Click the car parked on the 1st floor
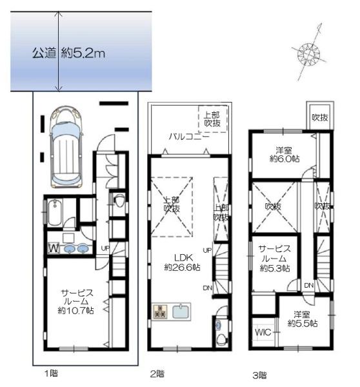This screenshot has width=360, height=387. [x=66, y=146]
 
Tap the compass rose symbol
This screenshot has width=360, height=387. [x=308, y=53]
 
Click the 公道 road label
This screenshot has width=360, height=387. [x=45, y=53]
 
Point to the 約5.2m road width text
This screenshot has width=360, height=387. [x=83, y=53]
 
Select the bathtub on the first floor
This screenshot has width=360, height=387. [x=55, y=212]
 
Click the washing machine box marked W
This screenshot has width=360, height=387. [x=54, y=248]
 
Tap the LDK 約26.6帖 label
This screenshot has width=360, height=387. [x=182, y=263]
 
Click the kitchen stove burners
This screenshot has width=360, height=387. [x=160, y=311]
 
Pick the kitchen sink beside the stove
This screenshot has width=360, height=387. [x=181, y=312]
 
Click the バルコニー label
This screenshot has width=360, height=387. [x=190, y=136]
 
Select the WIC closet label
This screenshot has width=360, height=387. [x=263, y=332]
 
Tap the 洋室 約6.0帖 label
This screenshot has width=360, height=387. [x=285, y=155]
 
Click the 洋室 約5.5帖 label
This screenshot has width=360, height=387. [x=303, y=319]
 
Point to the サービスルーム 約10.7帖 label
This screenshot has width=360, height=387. [x=76, y=301]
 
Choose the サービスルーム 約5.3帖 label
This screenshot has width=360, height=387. [x=275, y=259]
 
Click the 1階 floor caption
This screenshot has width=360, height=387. [x=51, y=373]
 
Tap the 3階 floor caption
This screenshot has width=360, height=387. [x=259, y=375]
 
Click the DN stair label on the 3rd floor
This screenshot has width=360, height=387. [x=309, y=285]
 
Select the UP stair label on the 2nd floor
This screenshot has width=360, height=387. [x=207, y=250]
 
